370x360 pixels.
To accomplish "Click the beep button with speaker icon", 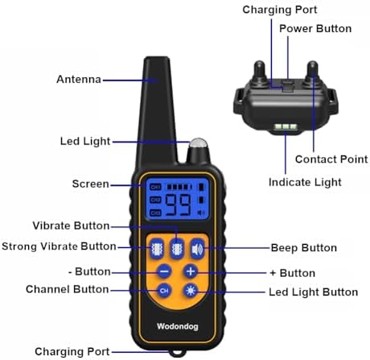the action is [197, 249].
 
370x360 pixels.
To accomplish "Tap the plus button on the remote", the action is [191, 271].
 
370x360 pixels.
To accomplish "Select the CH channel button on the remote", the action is [164, 291].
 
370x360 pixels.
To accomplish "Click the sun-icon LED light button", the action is [191, 291].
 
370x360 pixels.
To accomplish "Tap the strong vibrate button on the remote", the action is [157, 249].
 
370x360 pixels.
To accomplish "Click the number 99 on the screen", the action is [178, 205].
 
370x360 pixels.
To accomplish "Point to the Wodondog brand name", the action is [178, 326].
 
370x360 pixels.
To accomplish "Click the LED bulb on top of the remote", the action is [199, 143].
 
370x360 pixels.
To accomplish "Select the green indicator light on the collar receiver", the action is [286, 126].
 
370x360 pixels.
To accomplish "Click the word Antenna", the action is [79, 80].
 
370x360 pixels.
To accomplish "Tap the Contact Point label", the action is [331, 159].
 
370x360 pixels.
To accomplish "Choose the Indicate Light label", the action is [305, 183].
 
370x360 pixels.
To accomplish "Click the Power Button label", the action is [315, 28].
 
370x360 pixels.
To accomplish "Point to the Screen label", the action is [91, 184].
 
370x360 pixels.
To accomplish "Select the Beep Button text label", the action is [304, 248].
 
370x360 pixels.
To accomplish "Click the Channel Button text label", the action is [68, 289].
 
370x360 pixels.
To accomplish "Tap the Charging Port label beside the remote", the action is [72, 352].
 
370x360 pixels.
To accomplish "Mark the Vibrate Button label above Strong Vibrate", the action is [71, 226].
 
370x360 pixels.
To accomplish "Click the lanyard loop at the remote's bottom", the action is [178, 353].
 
